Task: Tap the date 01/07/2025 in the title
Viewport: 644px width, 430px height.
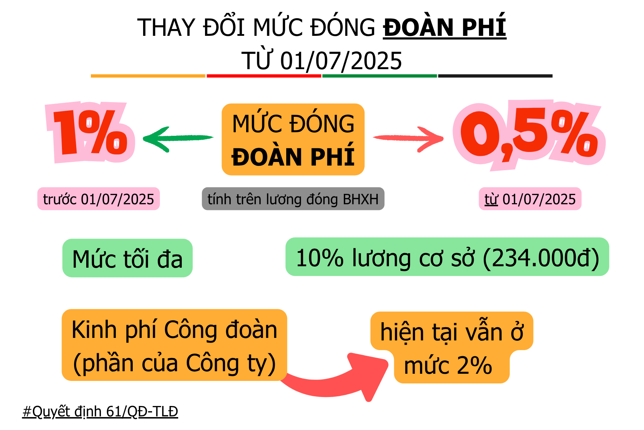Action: click(341, 61)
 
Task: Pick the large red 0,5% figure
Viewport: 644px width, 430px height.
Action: click(529, 134)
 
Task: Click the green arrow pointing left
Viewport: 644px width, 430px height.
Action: click(178, 139)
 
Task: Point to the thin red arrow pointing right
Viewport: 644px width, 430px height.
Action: click(408, 139)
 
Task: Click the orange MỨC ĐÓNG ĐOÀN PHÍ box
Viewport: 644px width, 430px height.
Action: click(293, 139)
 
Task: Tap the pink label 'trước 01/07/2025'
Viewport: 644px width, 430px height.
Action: click(98, 199)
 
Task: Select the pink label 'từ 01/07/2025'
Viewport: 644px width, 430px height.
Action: click(530, 199)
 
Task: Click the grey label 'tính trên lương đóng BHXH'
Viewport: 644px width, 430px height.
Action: click(293, 199)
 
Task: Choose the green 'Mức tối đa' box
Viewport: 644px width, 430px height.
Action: click(127, 258)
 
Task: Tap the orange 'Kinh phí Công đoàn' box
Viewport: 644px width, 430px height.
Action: click(174, 345)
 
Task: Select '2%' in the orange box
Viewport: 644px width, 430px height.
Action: click(474, 365)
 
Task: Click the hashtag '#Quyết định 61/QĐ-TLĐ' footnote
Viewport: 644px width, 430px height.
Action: click(100, 411)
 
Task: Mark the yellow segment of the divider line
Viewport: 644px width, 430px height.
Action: click(148, 76)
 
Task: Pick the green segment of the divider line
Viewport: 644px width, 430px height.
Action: click(380, 76)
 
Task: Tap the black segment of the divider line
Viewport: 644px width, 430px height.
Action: click(496, 76)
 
